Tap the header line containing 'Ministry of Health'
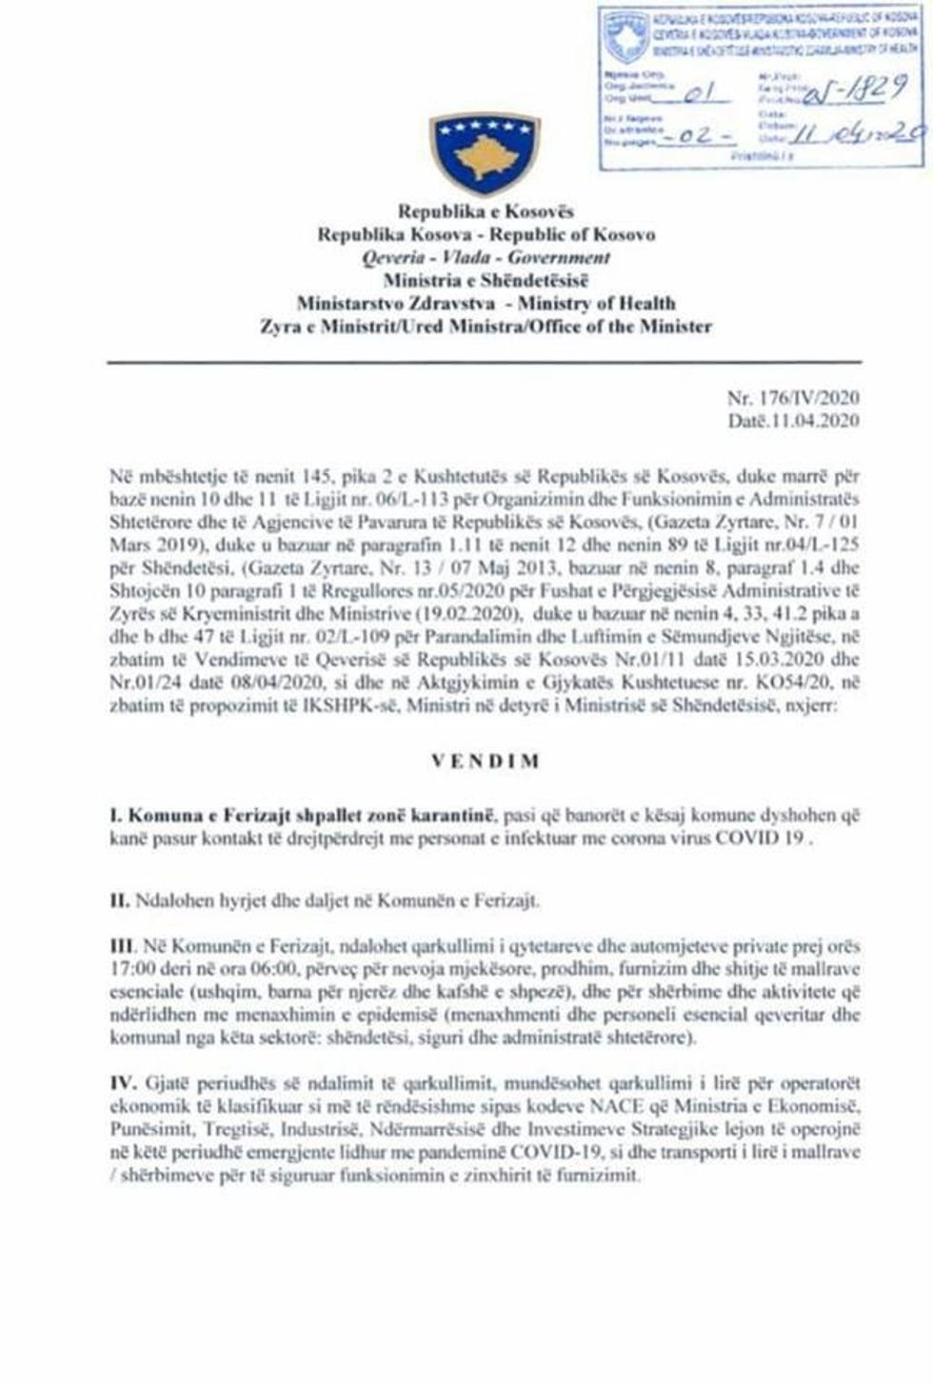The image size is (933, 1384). pos(486,304)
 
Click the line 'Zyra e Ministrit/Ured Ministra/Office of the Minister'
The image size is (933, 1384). pos(486,326)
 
